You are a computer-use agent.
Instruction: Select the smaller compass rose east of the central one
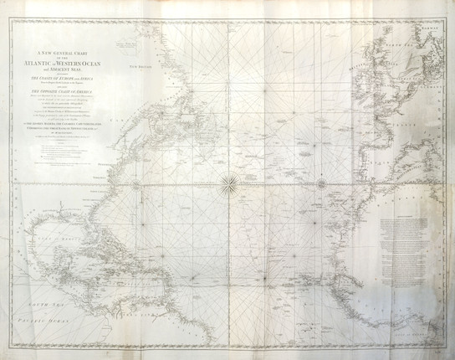320,178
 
